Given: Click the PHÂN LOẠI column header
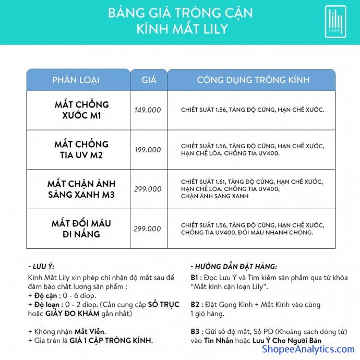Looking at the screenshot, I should point(76,80).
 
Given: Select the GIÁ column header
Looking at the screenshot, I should point(149,80).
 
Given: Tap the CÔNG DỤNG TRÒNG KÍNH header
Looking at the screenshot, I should point(253,80).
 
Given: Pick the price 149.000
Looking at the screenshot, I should point(148,110).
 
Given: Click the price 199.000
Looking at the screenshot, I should point(148,150).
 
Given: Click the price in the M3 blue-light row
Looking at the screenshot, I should point(148,189).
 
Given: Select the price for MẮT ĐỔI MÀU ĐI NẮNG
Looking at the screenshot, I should point(148,229).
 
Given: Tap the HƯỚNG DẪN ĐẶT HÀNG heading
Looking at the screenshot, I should point(233,267).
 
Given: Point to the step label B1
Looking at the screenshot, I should point(195,278).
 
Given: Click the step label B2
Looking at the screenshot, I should point(195,305).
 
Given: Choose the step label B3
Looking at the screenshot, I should point(195,332).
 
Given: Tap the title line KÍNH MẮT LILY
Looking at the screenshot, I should point(179,29).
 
